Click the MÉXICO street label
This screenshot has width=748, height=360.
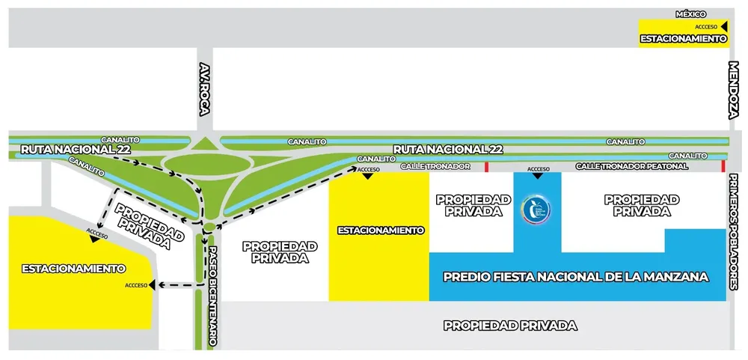[x=691, y=14]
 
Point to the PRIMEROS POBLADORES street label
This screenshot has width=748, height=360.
[x=734, y=232]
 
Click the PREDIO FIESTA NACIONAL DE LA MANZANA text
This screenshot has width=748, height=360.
[x=575, y=277]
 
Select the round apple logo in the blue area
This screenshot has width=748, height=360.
[x=537, y=210]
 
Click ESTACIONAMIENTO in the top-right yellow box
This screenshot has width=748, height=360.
[x=683, y=38]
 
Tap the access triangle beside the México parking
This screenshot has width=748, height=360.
[x=724, y=26]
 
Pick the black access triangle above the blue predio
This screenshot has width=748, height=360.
[x=538, y=177]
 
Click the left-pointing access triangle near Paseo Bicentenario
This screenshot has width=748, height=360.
[x=153, y=285]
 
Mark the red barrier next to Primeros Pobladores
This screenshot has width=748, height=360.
[x=723, y=165]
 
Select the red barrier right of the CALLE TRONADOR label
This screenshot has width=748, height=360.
[x=487, y=165]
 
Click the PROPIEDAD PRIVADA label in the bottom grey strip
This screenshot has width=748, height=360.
[x=510, y=326]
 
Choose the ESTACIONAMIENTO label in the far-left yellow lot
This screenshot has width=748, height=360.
[x=73, y=268]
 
